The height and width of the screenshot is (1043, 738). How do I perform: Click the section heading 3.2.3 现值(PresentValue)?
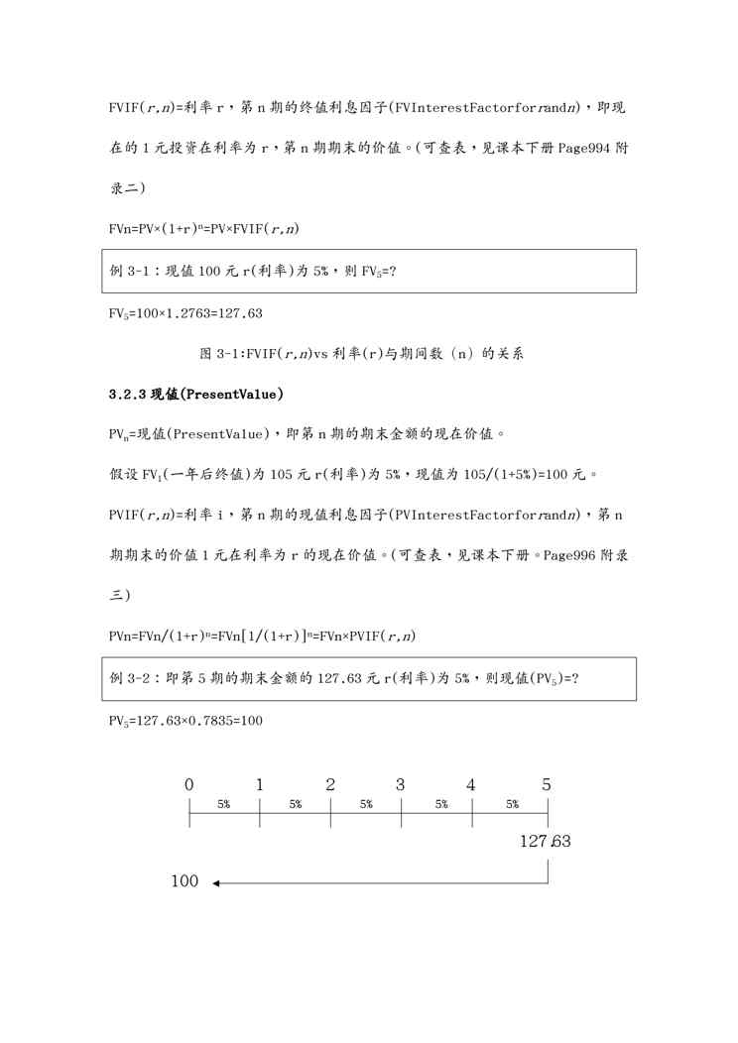tap(196, 395)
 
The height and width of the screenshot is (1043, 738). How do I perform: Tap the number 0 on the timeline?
tap(189, 784)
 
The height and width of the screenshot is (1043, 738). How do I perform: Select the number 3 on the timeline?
tap(401, 784)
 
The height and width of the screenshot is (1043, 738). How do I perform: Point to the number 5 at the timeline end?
tap(547, 784)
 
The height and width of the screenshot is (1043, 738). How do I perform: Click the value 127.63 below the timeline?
tap(545, 842)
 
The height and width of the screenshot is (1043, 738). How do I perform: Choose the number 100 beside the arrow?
tap(185, 881)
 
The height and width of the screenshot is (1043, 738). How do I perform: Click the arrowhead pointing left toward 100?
tap(216, 881)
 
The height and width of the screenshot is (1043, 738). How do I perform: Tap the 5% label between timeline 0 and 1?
tap(224, 805)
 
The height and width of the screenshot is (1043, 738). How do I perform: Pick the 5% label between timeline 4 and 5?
tap(512, 805)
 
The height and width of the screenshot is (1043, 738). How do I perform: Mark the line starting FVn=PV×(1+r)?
tap(204, 229)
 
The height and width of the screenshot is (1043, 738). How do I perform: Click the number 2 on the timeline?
tap(330, 784)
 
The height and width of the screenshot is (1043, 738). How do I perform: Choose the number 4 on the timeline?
tap(471, 784)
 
